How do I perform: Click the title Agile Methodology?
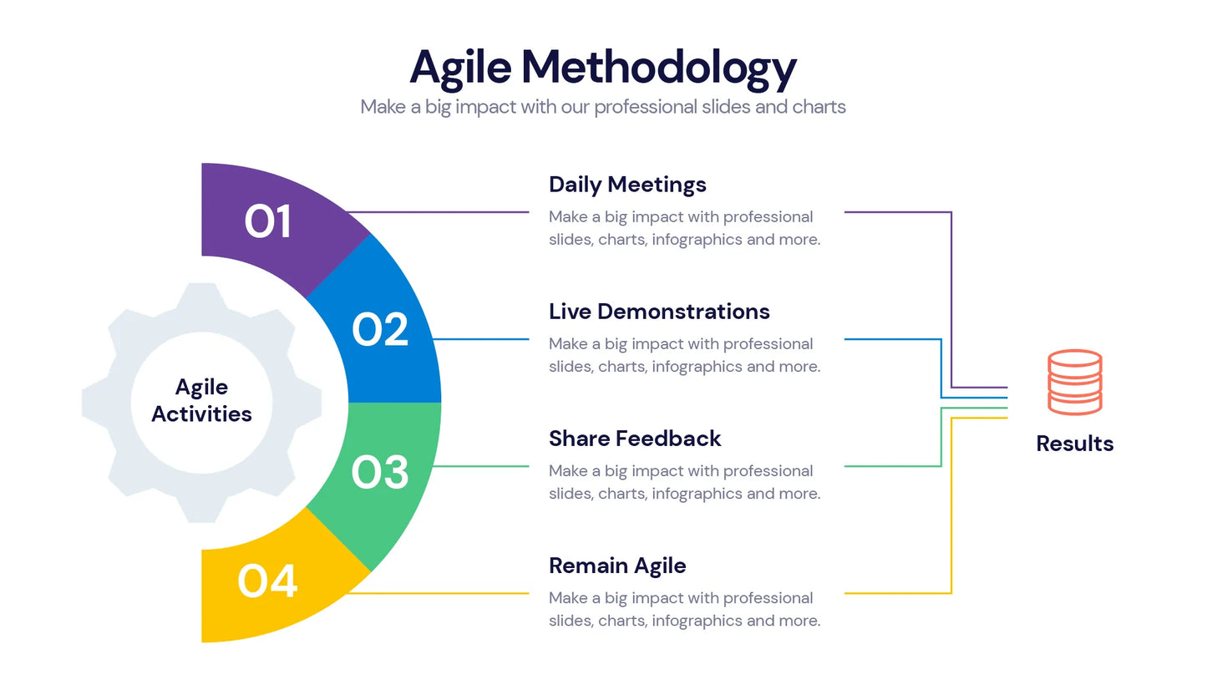point(602,67)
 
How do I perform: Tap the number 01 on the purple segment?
point(268,221)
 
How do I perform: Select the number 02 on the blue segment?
point(380,329)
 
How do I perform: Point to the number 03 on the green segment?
point(380,472)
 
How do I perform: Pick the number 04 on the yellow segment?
point(267,581)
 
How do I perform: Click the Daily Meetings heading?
point(627,185)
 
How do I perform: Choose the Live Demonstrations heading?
point(659,312)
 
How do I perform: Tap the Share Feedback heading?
point(635,439)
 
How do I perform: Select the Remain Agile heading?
point(617,566)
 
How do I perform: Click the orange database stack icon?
point(1074,382)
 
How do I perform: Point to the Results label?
point(1074,444)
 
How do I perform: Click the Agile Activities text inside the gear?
point(201,400)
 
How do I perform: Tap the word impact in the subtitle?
point(485,107)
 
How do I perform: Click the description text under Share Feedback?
point(684,482)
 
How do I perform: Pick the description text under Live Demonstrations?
point(684,355)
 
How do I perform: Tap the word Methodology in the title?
point(658,67)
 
